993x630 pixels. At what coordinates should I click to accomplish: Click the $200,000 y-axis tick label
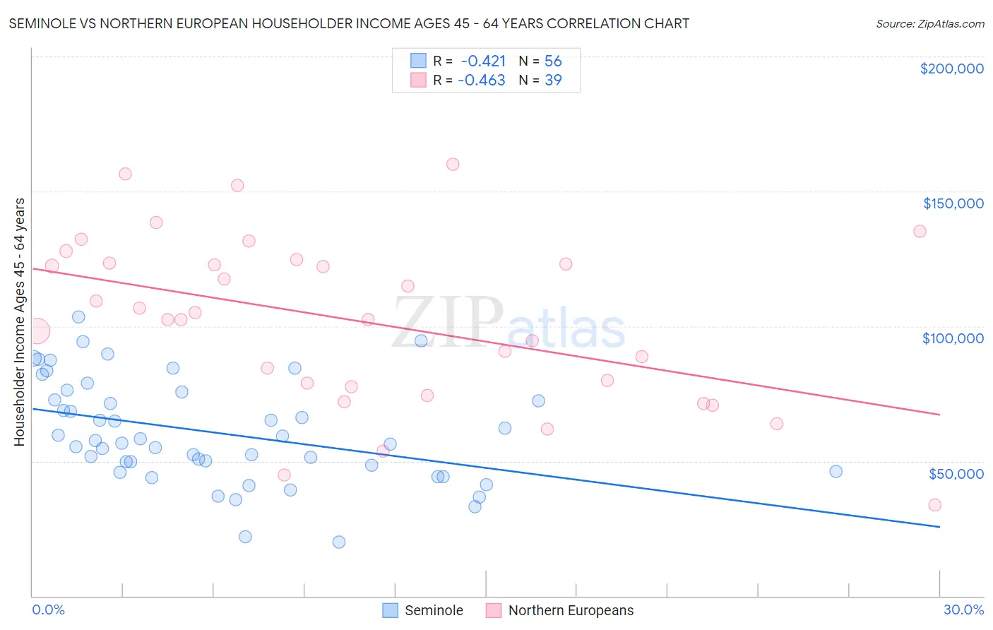(951, 69)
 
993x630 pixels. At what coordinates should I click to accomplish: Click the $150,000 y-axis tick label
(953, 203)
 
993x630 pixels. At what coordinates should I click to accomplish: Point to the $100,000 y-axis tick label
(953, 338)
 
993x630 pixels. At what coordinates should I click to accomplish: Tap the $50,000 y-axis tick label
(956, 473)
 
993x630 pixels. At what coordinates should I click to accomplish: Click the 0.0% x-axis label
(48, 610)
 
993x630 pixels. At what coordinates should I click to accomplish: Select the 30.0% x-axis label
(963, 610)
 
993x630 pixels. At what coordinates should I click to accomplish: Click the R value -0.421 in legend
(483, 61)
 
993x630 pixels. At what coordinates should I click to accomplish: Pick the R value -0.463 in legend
(482, 81)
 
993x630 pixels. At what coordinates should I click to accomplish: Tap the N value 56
(553, 61)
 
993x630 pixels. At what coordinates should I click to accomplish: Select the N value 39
(553, 81)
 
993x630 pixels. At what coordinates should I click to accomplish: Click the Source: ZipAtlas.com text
(929, 23)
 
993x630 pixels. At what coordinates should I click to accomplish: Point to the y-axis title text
(19, 322)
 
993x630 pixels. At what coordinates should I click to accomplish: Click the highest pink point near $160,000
(453, 164)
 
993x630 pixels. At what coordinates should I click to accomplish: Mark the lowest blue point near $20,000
(339, 542)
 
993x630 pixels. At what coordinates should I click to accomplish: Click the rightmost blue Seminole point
(836, 471)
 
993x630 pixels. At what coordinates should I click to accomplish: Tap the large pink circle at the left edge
(37, 331)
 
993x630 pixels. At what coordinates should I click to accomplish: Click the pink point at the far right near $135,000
(920, 231)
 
